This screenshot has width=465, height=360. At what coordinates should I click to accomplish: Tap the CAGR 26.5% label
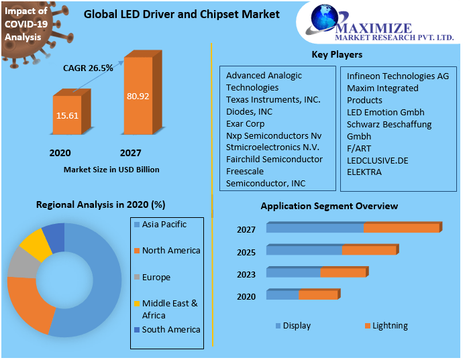(88, 68)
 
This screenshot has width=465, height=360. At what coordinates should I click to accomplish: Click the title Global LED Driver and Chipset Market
(182, 14)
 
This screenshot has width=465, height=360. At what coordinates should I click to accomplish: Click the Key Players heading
(337, 54)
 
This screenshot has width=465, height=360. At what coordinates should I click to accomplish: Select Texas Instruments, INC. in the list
(273, 99)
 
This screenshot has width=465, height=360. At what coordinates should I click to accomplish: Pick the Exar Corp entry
(246, 123)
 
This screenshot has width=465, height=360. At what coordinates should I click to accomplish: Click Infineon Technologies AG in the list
(397, 76)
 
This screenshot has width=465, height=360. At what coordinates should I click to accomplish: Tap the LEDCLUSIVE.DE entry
(377, 160)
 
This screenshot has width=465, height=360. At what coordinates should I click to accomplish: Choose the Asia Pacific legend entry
(164, 225)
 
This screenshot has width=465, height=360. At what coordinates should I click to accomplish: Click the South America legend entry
(170, 329)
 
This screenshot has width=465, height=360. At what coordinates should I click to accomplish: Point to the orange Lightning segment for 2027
(401, 228)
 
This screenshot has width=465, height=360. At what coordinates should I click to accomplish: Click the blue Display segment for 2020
(282, 295)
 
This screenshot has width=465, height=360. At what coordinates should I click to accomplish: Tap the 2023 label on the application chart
(246, 274)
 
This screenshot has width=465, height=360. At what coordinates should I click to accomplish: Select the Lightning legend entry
(390, 326)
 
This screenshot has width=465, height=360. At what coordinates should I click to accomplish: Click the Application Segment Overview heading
(329, 206)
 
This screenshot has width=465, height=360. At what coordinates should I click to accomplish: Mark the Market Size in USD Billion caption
(111, 170)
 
